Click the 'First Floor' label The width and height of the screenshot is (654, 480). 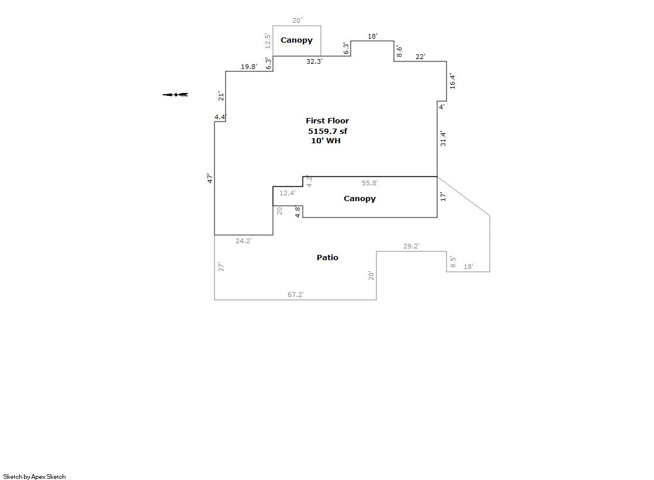[327, 120]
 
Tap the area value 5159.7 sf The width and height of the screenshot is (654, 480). [327, 131]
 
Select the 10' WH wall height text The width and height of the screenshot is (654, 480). [326, 141]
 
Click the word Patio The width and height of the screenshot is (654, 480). [327, 257]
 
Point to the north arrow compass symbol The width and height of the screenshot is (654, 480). [175, 95]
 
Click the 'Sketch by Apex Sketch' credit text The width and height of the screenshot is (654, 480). [34, 476]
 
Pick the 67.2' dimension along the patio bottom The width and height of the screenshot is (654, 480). [296, 295]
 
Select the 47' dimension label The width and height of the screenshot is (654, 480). [210, 178]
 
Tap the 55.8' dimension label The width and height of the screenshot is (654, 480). [370, 183]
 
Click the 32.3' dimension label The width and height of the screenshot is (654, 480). [314, 61]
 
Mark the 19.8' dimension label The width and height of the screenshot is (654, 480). [249, 67]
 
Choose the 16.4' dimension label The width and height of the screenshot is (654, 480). [452, 81]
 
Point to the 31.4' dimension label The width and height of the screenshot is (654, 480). [443, 138]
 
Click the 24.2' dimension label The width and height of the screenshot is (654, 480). [244, 241]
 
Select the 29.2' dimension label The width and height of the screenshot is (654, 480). [411, 246]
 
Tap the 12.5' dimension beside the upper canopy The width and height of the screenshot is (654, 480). [268, 41]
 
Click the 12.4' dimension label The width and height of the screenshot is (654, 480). [288, 193]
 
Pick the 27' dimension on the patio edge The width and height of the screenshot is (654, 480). [221, 267]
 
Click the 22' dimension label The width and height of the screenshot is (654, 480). [420, 56]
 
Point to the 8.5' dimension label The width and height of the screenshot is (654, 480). [453, 262]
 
